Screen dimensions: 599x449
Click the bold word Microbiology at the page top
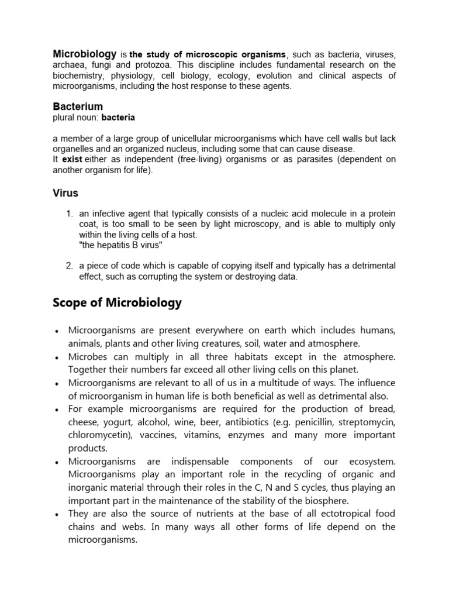(x=84, y=54)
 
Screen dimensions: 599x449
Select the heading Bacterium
(x=78, y=106)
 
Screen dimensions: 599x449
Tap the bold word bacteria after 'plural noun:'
(x=118, y=118)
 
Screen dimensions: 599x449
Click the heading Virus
(x=65, y=193)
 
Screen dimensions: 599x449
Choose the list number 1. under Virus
(x=70, y=214)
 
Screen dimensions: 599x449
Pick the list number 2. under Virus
(x=70, y=266)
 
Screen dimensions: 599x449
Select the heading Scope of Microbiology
(x=117, y=303)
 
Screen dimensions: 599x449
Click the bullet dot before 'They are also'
(x=55, y=514)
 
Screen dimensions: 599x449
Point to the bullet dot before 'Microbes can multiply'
(x=55, y=357)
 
